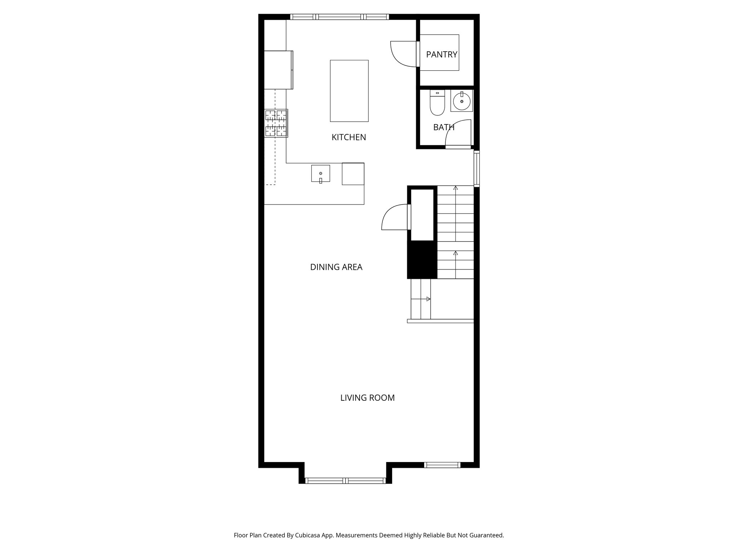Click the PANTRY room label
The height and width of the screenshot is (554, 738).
click(441, 54)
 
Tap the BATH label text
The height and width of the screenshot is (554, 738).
click(444, 127)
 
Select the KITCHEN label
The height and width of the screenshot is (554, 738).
click(348, 137)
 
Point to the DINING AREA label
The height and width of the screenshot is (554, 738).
click(336, 267)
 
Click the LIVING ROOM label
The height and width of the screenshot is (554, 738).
click(367, 398)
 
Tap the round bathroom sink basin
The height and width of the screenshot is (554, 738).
click(461, 101)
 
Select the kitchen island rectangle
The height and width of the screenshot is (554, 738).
click(349, 91)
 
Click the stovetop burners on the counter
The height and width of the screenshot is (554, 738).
click(276, 123)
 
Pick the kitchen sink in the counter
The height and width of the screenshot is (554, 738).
click(320, 173)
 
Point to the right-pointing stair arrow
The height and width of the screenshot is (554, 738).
click(428, 299)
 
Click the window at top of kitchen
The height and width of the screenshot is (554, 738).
click(339, 17)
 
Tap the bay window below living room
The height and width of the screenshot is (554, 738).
click(345, 480)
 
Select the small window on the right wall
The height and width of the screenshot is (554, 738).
click(476, 168)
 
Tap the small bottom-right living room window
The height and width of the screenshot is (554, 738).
click(442, 465)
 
